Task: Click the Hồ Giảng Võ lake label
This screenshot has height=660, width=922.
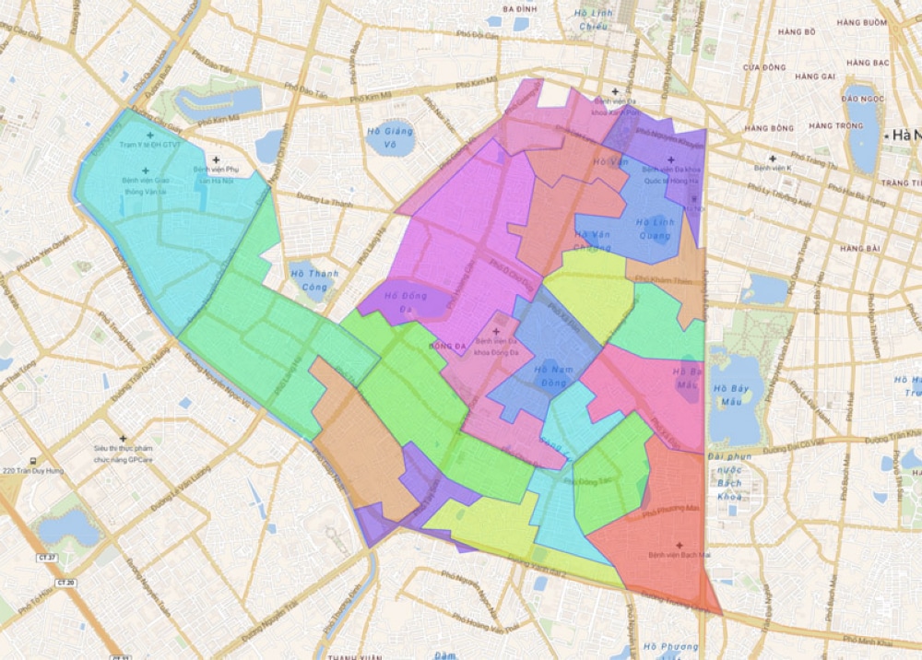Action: [390, 136]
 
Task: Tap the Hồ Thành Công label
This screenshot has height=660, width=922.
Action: [314, 279]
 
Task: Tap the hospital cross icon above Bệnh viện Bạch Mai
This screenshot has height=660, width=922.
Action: [680, 545]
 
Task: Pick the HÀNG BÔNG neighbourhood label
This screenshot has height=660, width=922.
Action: [769, 127]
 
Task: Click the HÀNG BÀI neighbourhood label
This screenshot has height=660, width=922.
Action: [859, 248]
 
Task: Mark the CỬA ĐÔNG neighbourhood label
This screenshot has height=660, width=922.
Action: [764, 67]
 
